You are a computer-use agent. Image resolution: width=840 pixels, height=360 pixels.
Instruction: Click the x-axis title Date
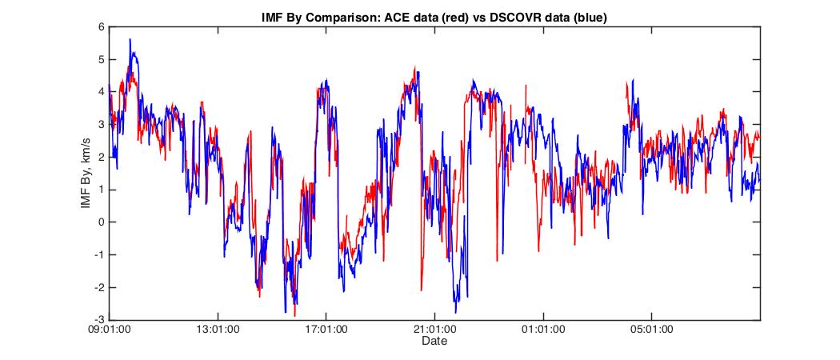434,342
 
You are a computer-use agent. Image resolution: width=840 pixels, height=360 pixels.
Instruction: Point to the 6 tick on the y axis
102,26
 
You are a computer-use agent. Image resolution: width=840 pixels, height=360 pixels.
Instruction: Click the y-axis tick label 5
102,59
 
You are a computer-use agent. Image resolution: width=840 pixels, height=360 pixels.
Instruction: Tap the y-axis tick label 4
102,92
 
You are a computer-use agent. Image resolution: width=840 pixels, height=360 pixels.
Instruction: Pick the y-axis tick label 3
102,125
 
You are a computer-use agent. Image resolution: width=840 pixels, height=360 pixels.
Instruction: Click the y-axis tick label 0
102,222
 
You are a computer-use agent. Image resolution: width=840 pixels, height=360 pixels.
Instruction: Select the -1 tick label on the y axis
99,255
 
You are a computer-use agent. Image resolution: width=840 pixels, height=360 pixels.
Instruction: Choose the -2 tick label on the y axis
99,288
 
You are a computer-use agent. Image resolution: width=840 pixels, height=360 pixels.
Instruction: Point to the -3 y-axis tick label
99,320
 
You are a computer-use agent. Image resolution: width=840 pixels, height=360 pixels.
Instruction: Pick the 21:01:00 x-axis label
434,329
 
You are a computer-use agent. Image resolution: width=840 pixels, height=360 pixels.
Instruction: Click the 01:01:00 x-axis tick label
543,329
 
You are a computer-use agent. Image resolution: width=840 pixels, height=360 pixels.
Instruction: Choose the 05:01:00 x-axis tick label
651,329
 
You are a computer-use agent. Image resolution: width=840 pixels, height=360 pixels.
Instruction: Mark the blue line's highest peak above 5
130,39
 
